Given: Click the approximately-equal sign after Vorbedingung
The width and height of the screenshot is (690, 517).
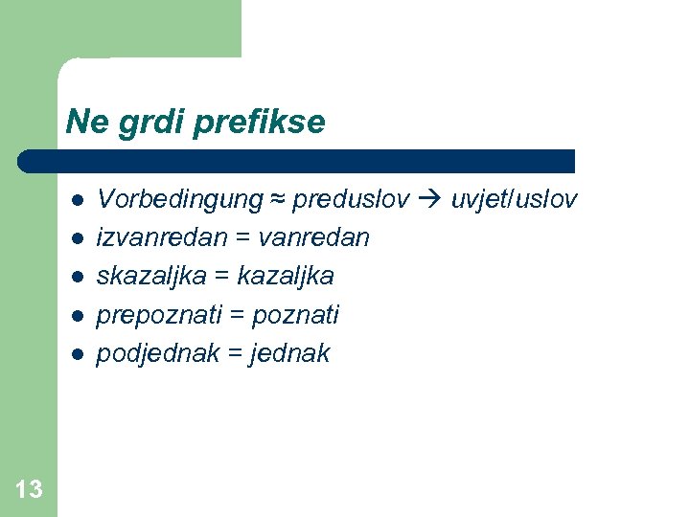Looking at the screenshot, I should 277,199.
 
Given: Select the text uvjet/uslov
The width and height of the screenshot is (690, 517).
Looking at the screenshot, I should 514,199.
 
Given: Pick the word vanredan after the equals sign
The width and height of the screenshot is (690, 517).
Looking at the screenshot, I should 314,237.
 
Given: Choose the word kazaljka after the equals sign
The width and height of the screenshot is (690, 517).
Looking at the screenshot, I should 286,276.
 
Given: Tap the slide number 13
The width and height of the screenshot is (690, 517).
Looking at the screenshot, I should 29,490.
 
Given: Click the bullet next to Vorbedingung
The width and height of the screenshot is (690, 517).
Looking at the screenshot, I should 78,200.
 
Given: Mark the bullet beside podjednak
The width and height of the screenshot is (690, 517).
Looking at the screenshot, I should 78,354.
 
